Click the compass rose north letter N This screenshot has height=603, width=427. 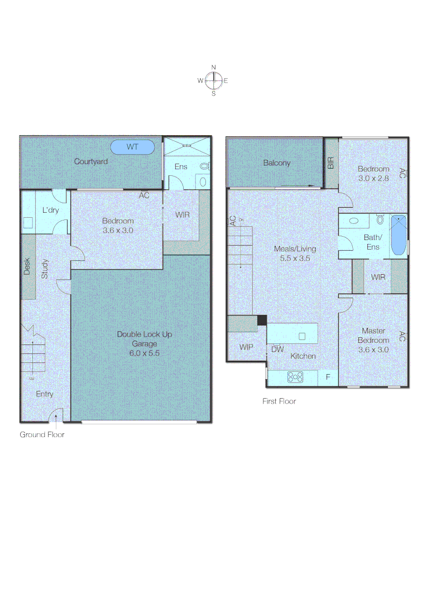[213, 68]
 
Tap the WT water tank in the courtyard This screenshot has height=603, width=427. [132, 147]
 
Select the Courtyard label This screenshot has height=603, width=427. [91, 161]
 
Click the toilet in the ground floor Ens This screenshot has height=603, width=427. [204, 166]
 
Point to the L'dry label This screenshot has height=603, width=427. [50, 210]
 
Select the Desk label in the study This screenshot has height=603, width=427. [27, 266]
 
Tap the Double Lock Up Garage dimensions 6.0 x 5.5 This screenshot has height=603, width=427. [144, 353]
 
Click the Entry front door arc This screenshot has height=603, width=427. [55, 415]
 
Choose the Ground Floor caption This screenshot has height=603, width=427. [42, 434]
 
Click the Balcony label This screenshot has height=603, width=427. [277, 163]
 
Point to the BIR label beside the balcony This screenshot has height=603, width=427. [331, 163]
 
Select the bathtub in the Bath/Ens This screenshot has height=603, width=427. [398, 235]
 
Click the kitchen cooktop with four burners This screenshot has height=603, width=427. [295, 377]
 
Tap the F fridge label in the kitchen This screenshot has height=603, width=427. [328, 377]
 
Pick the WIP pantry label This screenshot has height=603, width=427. [246, 347]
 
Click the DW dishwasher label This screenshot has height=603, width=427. [277, 350]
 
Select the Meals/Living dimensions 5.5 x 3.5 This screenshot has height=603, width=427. [295, 259]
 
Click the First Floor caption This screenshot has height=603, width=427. [279, 401]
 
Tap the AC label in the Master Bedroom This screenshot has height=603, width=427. [401, 336]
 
